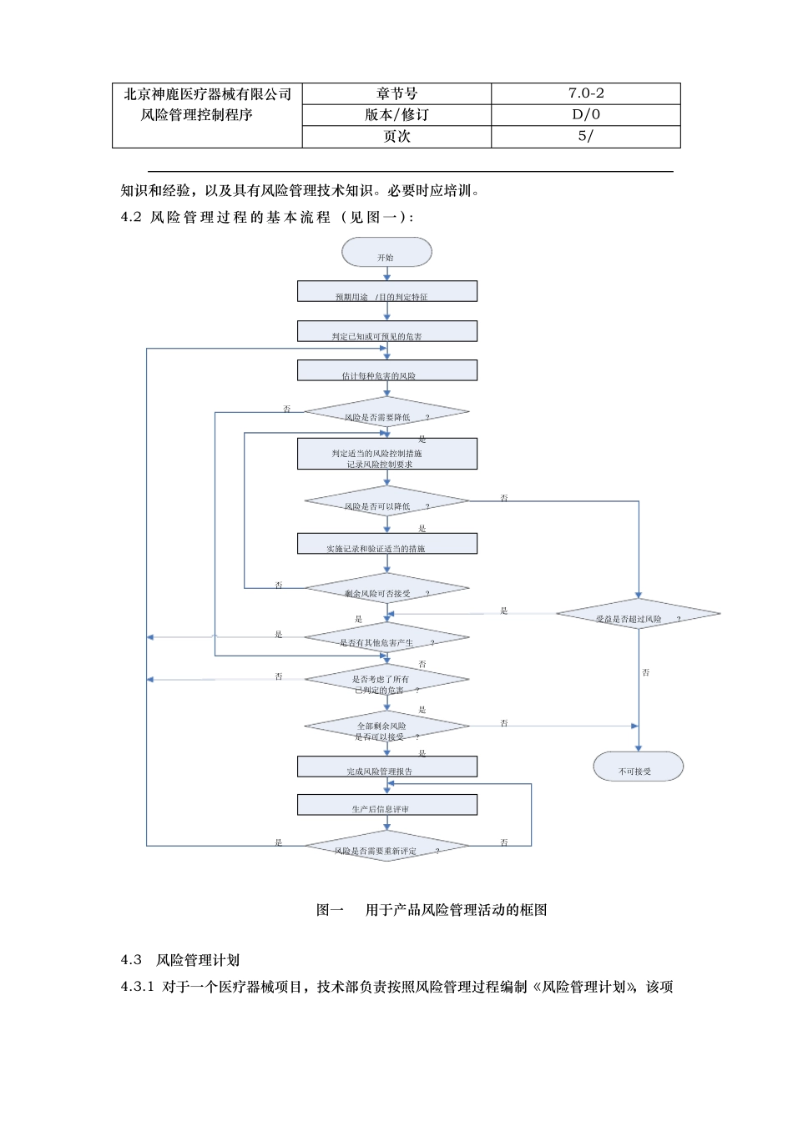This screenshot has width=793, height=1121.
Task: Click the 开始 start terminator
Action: [386, 252]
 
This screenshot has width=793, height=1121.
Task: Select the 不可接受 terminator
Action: [638, 767]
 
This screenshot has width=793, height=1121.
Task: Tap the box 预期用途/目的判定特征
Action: [387, 291]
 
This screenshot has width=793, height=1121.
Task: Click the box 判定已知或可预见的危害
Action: [387, 331]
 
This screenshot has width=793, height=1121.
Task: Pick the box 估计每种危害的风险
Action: [387, 370]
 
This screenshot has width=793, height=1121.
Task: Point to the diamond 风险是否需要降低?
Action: [386, 412]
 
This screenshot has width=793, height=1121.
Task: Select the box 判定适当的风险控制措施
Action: [387, 454]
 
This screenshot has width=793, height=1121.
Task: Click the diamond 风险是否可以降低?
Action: [386, 501]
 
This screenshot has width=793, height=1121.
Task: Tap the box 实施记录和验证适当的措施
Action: [387, 544]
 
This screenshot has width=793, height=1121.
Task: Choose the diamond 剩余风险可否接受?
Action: [386, 589]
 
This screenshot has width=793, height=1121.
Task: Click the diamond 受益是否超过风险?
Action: [638, 614]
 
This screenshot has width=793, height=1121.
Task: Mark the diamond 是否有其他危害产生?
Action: [386, 638]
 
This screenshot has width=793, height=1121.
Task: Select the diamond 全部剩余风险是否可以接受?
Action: [386, 726]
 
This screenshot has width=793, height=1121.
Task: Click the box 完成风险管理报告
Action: [387, 767]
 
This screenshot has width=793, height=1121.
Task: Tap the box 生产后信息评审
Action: [387, 805]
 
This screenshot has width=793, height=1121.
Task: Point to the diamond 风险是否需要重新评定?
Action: [386, 846]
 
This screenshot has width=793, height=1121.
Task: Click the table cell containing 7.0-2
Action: [586, 93]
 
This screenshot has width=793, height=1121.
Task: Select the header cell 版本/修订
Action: [396, 115]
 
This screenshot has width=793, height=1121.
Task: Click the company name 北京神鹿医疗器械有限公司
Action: [207, 94]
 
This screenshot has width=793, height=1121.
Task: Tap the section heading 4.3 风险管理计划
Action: [180, 960]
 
